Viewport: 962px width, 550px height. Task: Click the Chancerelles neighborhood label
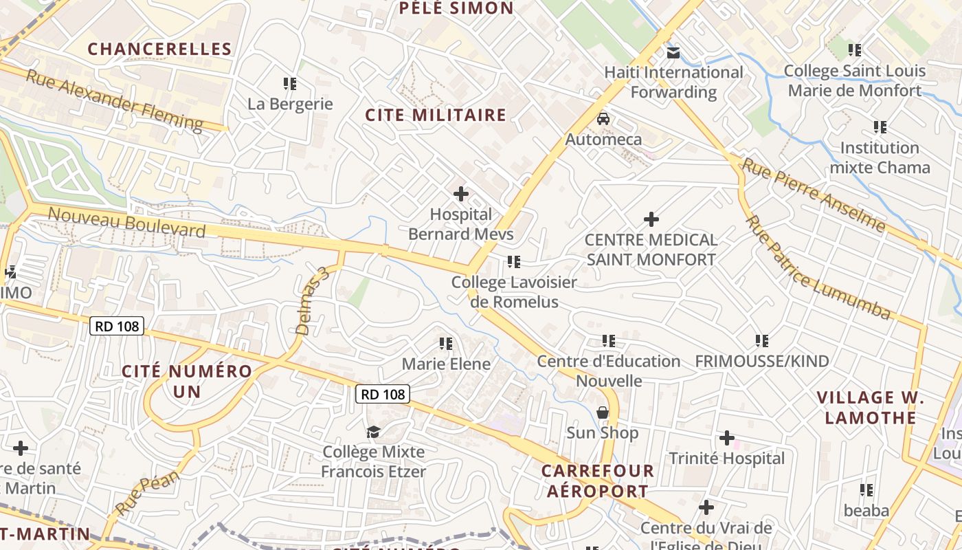[x=159, y=49]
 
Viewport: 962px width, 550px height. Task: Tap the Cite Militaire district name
[x=436, y=115]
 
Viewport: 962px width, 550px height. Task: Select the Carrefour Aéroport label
[x=595, y=481]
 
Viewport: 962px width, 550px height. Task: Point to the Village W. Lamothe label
[x=871, y=408]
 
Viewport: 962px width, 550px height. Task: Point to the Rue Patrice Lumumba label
[x=818, y=268]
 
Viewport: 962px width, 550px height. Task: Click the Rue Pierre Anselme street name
[x=813, y=194]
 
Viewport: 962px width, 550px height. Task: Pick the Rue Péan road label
[x=148, y=492]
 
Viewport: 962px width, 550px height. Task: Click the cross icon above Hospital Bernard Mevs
[x=460, y=194]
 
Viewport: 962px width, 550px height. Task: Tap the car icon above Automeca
[x=603, y=119]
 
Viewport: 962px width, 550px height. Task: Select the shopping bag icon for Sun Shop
[x=603, y=412]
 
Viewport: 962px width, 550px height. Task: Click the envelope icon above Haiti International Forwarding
[x=673, y=52]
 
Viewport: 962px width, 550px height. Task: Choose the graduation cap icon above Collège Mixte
[x=373, y=432]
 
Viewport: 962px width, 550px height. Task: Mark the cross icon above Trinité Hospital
[x=727, y=438]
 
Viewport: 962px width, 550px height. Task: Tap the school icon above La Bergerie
[x=290, y=84]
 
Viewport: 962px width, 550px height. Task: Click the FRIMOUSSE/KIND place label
[x=762, y=361]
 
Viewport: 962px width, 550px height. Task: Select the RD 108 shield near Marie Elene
[x=383, y=394]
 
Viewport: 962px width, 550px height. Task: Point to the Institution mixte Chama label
[x=880, y=157]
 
